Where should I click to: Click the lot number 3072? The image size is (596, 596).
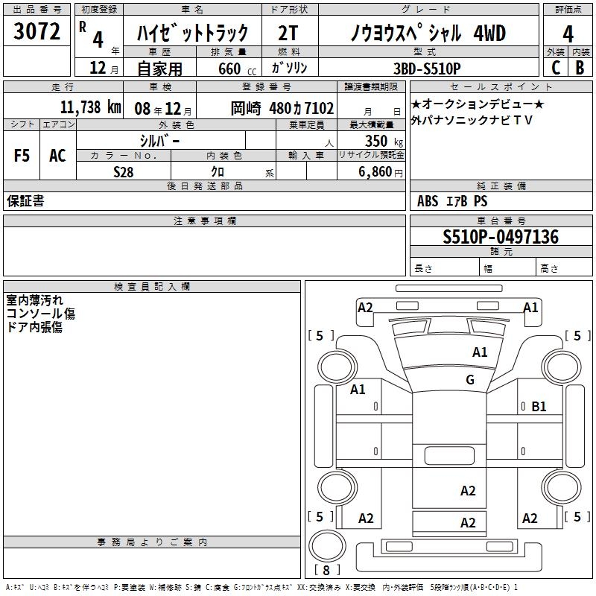tap(37, 31)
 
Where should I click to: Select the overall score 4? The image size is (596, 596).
tap(568, 34)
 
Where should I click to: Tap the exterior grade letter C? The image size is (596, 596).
tap(556, 68)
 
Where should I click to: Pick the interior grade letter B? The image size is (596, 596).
tap(580, 68)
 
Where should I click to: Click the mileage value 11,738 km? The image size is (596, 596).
tap(90, 107)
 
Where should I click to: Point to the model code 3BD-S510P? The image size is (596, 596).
tap(427, 69)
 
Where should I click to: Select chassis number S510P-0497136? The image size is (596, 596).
tap(501, 237)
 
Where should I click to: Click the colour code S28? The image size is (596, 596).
tap(123, 172)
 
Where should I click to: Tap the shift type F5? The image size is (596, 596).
tap(22, 156)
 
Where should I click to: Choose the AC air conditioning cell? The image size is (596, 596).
tap(57, 156)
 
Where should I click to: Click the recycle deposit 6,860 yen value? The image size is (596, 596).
tap(380, 172)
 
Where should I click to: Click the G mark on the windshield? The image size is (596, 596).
tap(470, 379)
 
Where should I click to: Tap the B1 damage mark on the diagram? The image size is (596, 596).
tap(539, 407)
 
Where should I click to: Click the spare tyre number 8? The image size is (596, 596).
tap(326, 570)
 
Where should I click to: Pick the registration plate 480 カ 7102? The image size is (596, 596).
tap(302, 108)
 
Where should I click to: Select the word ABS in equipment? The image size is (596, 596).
tap(428, 201)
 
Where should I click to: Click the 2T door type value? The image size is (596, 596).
tap(288, 33)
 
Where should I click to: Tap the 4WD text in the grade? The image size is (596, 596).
tap(489, 33)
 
